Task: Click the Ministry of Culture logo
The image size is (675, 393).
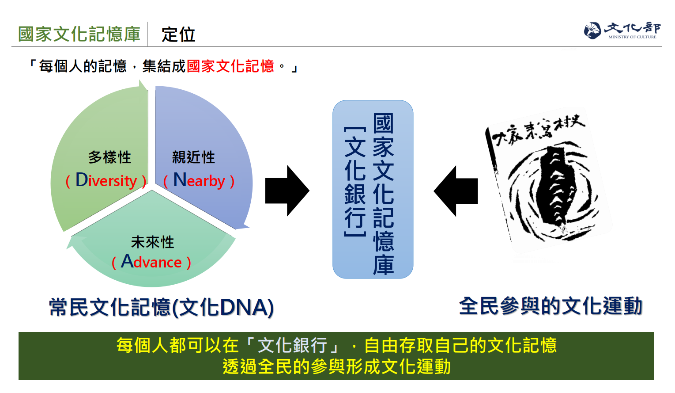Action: [622, 31]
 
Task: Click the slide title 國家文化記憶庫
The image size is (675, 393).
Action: [79, 34]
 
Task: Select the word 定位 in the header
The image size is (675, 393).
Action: [178, 34]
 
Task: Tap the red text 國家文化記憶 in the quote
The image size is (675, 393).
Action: [230, 66]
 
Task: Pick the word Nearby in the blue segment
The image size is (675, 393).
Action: [199, 180]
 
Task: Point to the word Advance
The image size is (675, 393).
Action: [151, 262]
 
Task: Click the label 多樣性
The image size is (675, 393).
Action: [109, 157]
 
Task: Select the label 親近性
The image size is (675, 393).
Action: [193, 157]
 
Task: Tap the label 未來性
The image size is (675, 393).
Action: [152, 242]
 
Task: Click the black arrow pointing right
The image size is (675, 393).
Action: [287, 191]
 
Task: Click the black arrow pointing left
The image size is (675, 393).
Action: [456, 191]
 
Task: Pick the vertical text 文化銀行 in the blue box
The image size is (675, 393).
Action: [355, 181]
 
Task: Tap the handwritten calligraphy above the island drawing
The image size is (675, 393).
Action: [539, 130]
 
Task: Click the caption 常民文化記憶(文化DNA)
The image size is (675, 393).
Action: [161, 307]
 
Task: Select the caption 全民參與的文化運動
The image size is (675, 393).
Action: [551, 306]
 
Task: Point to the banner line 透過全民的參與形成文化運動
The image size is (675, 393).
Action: [336, 367]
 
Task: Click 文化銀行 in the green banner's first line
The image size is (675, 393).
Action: [292, 345]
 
